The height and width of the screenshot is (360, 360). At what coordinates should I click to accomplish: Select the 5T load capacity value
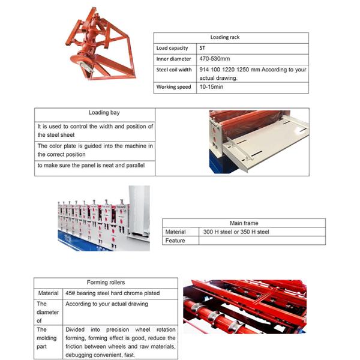tap(202, 48)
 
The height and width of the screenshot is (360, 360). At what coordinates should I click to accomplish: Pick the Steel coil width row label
tap(173, 70)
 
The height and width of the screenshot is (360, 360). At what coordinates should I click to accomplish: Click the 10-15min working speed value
tap(209, 87)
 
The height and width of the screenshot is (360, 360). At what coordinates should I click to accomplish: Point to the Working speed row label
tap(173, 87)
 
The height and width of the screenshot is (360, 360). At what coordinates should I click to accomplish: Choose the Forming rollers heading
tap(106, 283)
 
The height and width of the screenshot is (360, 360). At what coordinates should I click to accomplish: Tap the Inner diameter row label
tap(173, 59)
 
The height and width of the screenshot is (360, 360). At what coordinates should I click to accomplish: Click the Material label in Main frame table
tap(176, 232)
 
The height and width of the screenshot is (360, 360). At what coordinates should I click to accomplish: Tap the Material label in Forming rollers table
tap(48, 293)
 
